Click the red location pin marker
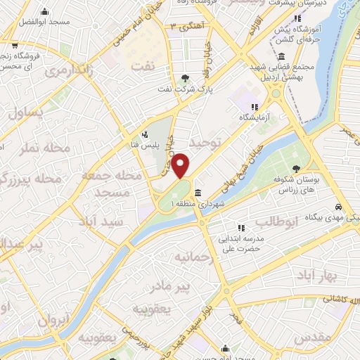181,166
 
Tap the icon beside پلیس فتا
145,134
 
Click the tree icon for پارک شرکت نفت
185,78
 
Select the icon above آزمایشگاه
253,107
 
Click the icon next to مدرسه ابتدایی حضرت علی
242,227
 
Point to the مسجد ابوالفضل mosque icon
45,12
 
